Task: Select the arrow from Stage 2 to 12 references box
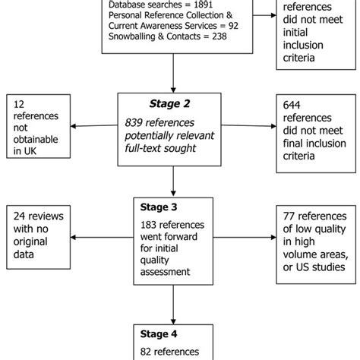pyautogui.click(x=98, y=126)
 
